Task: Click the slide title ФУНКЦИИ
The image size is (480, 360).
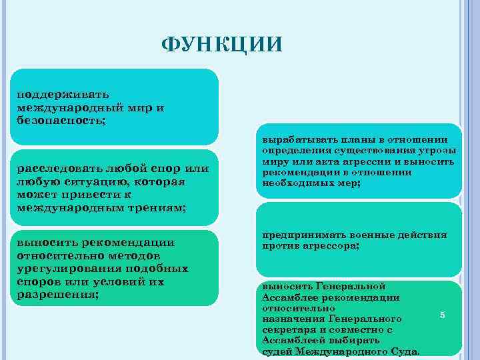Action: [x=222, y=45]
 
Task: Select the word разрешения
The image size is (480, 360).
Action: [x=56, y=295]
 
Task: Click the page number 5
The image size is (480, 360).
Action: [x=442, y=314]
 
